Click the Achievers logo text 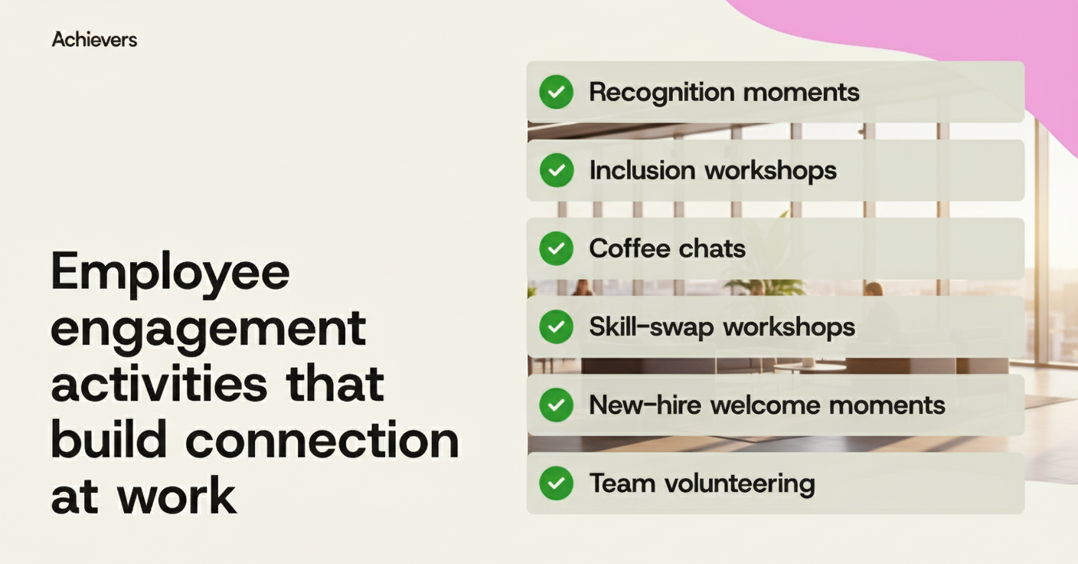(x=94, y=40)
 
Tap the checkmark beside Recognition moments (x=556, y=92)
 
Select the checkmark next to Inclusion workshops (x=556, y=170)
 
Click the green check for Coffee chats (x=556, y=248)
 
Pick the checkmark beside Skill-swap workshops (x=556, y=327)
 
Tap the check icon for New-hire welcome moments (x=556, y=405)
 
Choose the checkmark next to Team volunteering (x=556, y=484)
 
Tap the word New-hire (x=644, y=405)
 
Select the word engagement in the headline (x=208, y=330)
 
